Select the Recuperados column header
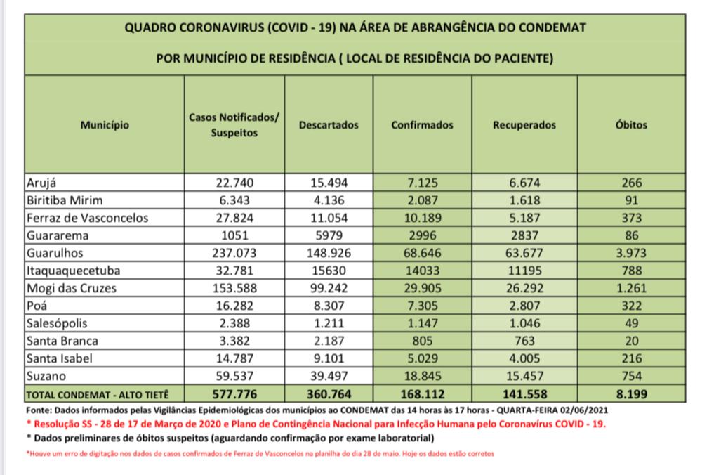pos(524,125)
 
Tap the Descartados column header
pos(329,125)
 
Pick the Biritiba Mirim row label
pos(64,200)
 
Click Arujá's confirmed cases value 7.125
pos(423,183)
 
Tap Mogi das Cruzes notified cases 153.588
pos(234,288)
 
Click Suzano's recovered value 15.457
pos(524,376)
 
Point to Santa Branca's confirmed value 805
pos(423,341)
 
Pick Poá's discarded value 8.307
pos(329,306)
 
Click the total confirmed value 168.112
pos(423,394)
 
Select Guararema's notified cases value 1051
pos(234,235)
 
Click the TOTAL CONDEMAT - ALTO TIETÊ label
pos(98,394)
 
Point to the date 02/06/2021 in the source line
pos(578,410)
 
